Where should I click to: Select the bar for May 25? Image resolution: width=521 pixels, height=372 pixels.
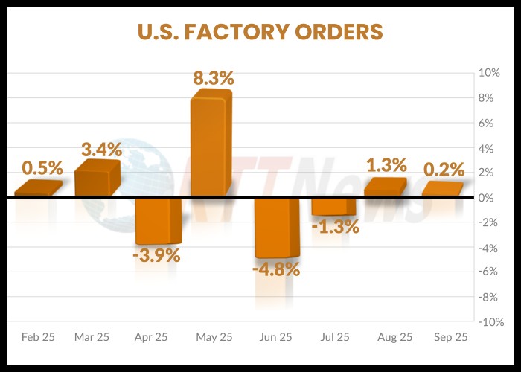point(211,145)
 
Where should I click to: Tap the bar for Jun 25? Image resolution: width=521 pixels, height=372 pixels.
point(276,227)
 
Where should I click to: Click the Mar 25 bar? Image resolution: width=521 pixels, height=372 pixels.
point(96,179)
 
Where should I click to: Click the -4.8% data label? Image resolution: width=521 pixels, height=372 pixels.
point(278,269)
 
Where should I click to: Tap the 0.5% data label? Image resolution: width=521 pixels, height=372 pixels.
point(42,167)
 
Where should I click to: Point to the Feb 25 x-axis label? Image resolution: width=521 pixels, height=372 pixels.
point(37,337)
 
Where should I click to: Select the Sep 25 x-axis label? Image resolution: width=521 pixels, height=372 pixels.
point(451,337)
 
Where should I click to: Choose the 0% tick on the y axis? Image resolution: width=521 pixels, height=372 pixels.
point(490,198)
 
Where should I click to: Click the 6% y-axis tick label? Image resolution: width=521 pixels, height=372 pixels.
point(490,124)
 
